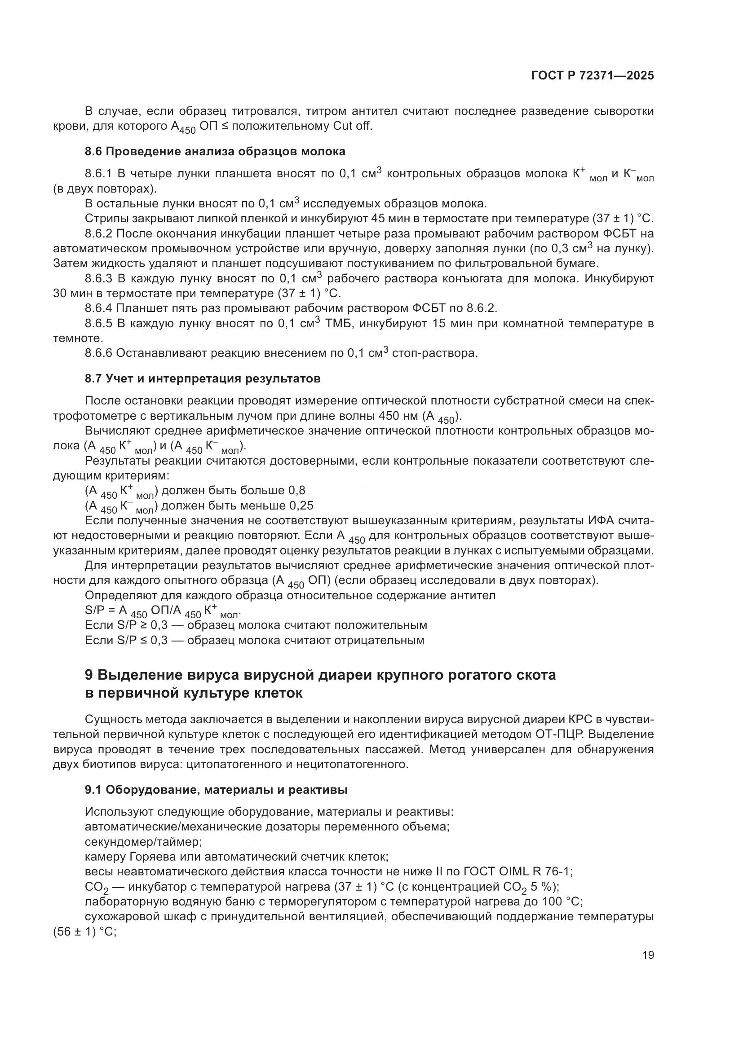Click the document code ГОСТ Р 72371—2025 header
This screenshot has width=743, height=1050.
[593, 76]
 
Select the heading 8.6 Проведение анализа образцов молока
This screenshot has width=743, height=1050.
[215, 151]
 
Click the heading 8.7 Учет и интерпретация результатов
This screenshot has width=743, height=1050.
[202, 379]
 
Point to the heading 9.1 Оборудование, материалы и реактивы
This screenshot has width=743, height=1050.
[216, 790]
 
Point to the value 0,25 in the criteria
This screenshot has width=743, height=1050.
[301, 505]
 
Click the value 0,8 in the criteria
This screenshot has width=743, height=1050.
[296, 491]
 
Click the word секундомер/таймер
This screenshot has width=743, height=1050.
[143, 842]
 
